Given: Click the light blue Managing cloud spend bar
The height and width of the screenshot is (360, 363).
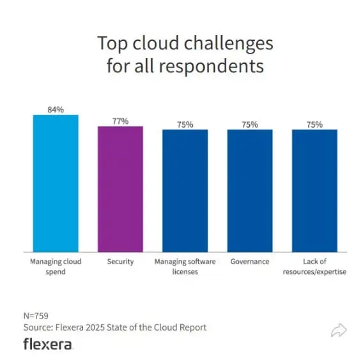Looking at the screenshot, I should point(56,183).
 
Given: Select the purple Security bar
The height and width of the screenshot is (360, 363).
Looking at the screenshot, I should point(120,189).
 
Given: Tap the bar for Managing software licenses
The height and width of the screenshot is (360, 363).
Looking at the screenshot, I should point(185,190).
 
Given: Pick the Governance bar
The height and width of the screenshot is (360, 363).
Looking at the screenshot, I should point(250,190).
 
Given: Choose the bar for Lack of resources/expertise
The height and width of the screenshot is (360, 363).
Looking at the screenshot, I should point(314,190).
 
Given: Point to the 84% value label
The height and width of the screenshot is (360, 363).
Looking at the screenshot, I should point(56,110).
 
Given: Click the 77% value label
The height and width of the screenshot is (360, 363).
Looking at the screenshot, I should point(120,121).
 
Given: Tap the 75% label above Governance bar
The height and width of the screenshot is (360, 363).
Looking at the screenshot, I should point(250,124).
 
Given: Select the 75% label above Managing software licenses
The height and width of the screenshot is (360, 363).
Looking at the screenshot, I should point(185,124).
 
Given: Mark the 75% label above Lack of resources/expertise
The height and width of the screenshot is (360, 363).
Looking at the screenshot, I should point(314,124).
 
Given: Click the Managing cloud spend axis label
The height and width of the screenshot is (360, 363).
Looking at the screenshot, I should point(56,266).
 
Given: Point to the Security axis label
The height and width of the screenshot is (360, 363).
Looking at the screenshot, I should point(120,262).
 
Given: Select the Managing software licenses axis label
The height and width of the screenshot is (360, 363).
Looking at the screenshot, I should point(185,266).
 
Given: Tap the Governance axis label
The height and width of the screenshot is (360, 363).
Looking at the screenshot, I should point(250,262).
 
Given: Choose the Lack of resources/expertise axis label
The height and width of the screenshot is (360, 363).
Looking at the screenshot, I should point(314,266).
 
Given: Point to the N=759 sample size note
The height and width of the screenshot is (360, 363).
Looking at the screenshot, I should point(36,315).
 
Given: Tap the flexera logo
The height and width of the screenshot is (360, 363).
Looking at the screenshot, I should point(48,344).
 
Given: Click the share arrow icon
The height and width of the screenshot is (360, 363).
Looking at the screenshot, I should point(339,330).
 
